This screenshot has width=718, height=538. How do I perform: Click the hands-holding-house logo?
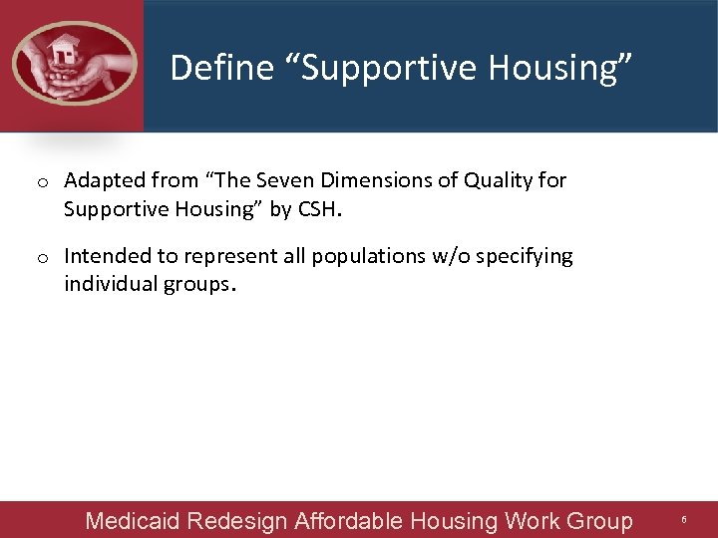[x=73, y=64]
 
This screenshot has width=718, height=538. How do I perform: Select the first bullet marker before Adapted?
[x=43, y=182]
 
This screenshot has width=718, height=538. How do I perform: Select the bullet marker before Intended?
[x=43, y=258]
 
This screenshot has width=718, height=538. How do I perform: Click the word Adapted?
[x=103, y=180]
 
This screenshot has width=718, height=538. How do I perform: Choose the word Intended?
[x=106, y=256]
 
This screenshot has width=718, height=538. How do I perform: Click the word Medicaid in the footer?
[x=133, y=521]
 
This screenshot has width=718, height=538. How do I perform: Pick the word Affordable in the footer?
[x=347, y=521]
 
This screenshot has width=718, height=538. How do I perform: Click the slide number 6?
[x=684, y=520]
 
